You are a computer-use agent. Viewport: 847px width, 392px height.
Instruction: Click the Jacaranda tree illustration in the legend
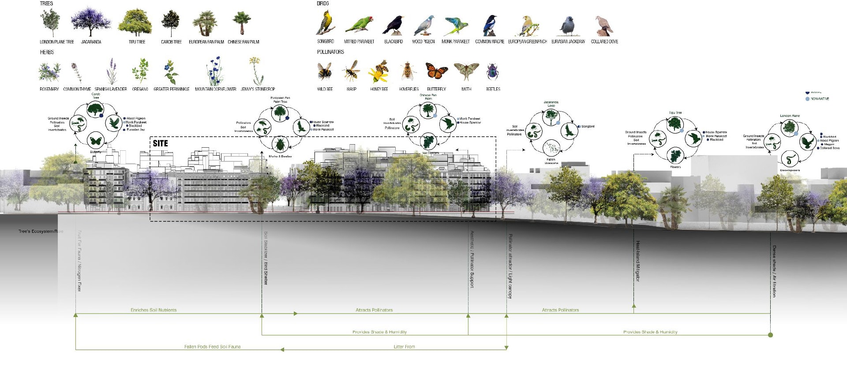click(x=91, y=22)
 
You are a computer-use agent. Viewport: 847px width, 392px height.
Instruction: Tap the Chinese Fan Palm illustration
click(x=242, y=23)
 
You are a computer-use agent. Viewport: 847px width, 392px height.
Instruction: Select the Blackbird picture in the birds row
click(x=393, y=25)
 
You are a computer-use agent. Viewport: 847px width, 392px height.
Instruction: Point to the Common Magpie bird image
click(x=490, y=25)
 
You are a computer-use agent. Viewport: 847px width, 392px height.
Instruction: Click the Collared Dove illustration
click(x=603, y=26)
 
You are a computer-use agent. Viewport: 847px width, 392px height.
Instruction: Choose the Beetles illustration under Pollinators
click(x=492, y=71)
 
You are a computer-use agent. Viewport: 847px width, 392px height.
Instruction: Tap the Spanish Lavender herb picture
click(x=111, y=71)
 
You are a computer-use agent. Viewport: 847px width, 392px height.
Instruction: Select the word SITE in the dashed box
click(x=161, y=143)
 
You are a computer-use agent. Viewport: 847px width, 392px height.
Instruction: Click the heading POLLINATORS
click(x=330, y=52)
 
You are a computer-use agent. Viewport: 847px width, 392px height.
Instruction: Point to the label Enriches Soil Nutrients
click(x=154, y=310)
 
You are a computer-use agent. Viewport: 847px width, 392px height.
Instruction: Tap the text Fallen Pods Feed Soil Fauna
click(x=213, y=347)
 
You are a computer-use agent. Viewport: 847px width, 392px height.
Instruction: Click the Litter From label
click(x=404, y=347)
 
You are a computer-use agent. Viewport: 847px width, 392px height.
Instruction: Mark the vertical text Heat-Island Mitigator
click(x=637, y=261)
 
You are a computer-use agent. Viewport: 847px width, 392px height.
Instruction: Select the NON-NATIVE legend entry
click(x=819, y=99)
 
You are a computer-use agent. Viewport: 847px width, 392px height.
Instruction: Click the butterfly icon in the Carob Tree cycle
click(x=96, y=141)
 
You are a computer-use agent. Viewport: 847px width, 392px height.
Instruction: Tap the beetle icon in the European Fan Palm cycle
click(x=280, y=144)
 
